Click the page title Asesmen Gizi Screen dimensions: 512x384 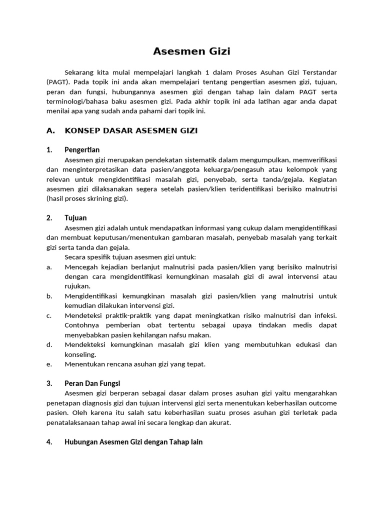(191, 51)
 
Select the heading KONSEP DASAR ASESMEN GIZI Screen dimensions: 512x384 (131, 131)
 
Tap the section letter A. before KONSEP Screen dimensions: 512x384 (50, 131)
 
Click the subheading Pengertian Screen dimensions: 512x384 (82, 150)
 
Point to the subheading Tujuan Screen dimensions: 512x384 (75, 218)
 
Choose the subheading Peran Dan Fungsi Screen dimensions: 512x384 (92, 383)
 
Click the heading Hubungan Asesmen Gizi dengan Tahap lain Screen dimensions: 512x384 (133, 442)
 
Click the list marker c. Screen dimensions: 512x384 (49, 315)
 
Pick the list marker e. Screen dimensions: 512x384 (49, 364)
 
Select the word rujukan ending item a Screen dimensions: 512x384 (77, 286)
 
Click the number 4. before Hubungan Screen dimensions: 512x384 (49, 442)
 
